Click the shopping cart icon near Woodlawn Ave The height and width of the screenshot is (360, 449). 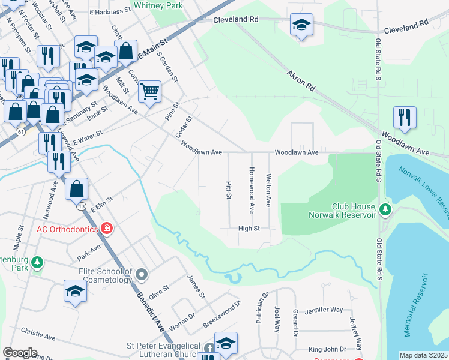[149, 92]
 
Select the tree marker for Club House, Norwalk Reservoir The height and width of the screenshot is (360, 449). [385, 209]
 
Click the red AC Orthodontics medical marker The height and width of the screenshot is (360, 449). [106, 228]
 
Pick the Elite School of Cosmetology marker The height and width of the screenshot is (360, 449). [142, 275]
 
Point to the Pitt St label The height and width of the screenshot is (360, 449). [229, 190]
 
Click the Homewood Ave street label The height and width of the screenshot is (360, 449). [252, 190]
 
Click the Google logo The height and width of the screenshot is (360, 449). [20, 353]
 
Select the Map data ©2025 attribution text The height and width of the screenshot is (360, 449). [423, 355]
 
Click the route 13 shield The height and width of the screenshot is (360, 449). [81, 206]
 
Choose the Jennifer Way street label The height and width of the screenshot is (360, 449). [324, 310]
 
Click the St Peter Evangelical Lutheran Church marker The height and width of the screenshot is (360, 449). [209, 348]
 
